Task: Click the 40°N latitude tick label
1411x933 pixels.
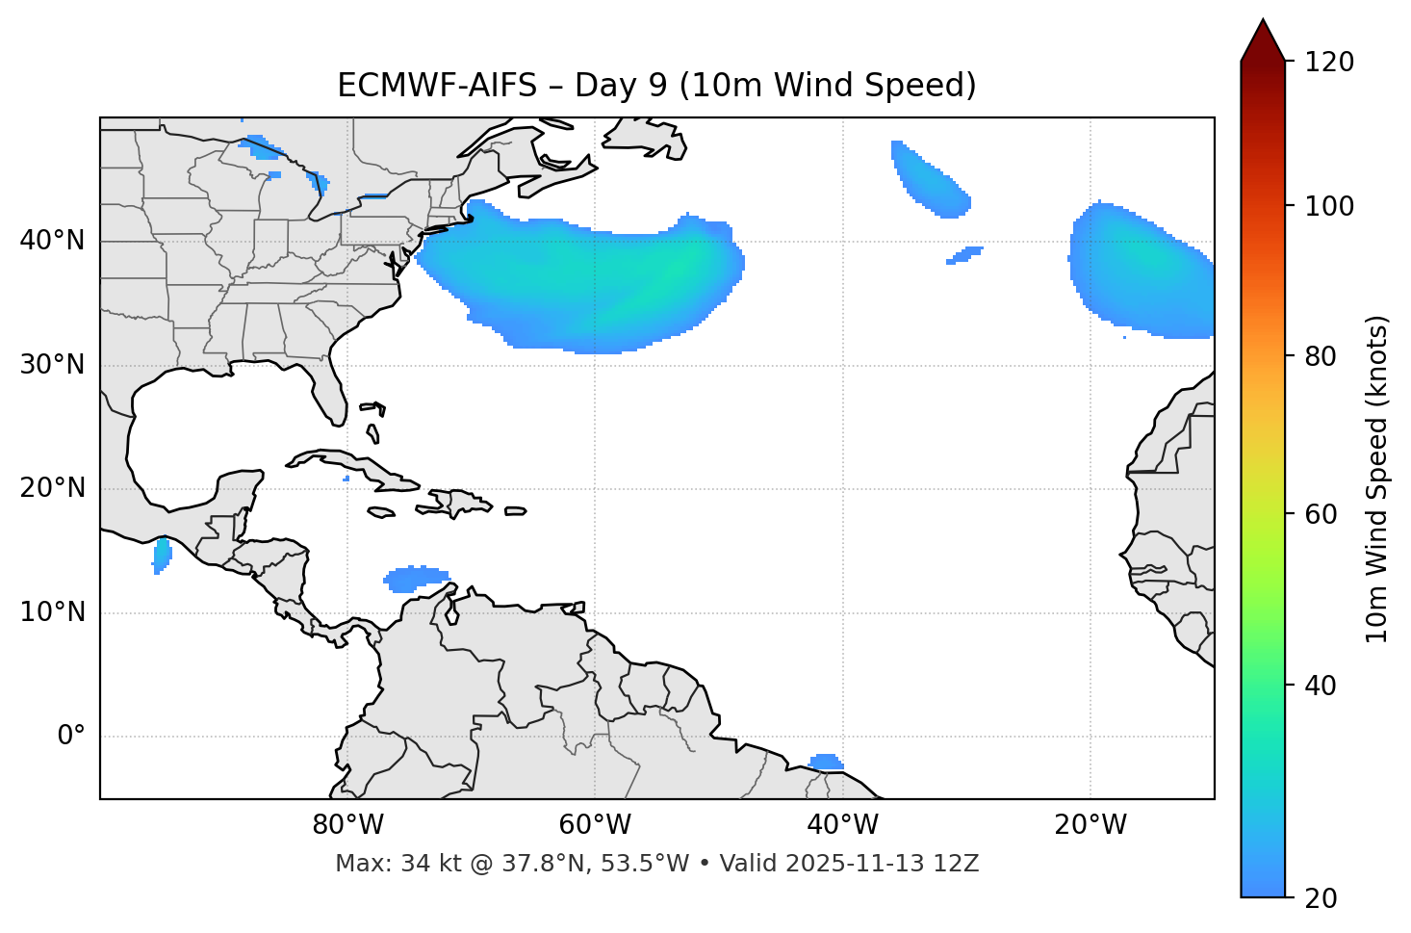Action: pos(52,241)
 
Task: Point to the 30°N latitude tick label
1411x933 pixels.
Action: pos(52,365)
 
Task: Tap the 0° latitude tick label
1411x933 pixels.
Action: pos(71,737)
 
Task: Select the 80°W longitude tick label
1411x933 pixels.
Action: pos(347,825)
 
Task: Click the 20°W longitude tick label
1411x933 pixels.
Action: pos(1090,825)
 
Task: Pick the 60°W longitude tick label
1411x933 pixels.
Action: pos(595,825)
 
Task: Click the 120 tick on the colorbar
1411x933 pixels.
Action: pos(1329,62)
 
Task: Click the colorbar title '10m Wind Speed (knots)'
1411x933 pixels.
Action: pos(1377,479)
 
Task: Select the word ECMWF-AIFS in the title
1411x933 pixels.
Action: pos(437,86)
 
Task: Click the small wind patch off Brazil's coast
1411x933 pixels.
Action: pos(826,763)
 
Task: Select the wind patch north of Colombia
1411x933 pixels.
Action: pos(414,579)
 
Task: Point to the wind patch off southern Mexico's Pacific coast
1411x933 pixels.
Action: pos(162,556)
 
